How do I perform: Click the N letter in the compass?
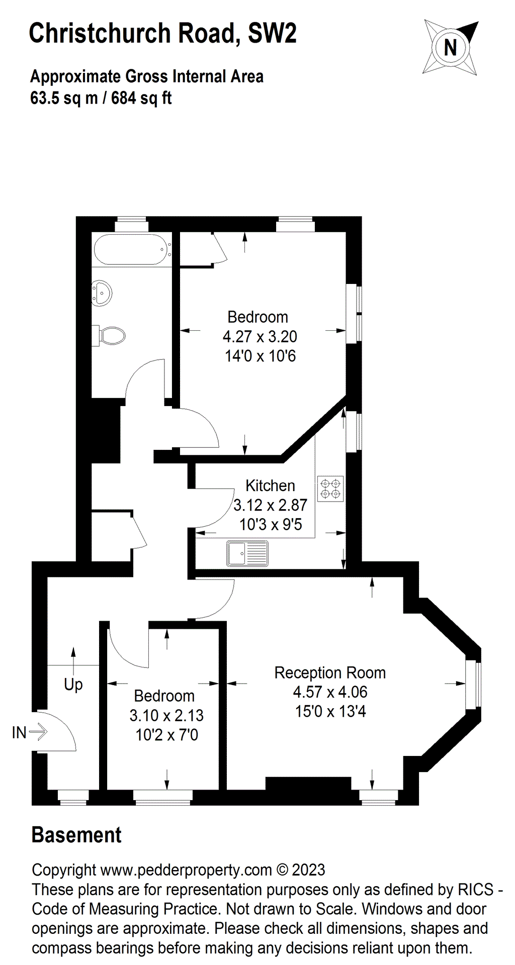coord(450,48)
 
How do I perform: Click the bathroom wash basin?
coord(102,293)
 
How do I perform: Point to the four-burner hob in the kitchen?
coord(330,489)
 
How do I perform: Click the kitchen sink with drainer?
coord(247,553)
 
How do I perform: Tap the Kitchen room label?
coord(270,486)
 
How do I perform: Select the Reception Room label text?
coord(330,672)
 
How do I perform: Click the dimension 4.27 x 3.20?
coord(260,336)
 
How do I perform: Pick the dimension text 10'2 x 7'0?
coord(166,735)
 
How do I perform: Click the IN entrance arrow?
coord(37,732)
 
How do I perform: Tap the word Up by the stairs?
coord(73,684)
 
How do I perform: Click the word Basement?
coord(76,835)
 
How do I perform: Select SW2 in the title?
coord(272,33)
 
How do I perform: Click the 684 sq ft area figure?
coord(141,98)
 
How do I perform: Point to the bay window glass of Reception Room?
coord(473,685)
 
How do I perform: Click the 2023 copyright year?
coord(308,870)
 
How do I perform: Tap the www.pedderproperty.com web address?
coord(186,870)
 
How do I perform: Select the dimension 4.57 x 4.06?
coord(330,692)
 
